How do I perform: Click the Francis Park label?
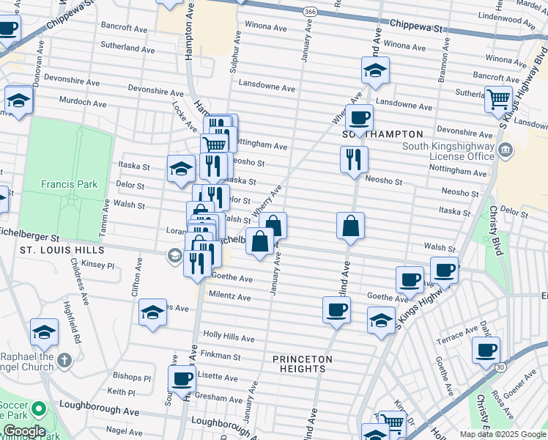pos(64,184)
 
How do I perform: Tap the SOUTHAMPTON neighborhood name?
pos(383,134)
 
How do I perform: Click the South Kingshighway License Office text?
pos(448,151)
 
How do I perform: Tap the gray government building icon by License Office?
pos(506,151)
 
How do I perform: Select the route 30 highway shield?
pos(500,366)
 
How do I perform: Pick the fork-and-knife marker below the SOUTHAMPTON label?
pos(354,158)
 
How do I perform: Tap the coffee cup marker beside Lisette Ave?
pos(182,378)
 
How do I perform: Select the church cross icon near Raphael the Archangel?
pos(64,360)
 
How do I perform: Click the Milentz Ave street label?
pos(230,298)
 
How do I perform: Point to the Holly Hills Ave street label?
pos(229,338)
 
